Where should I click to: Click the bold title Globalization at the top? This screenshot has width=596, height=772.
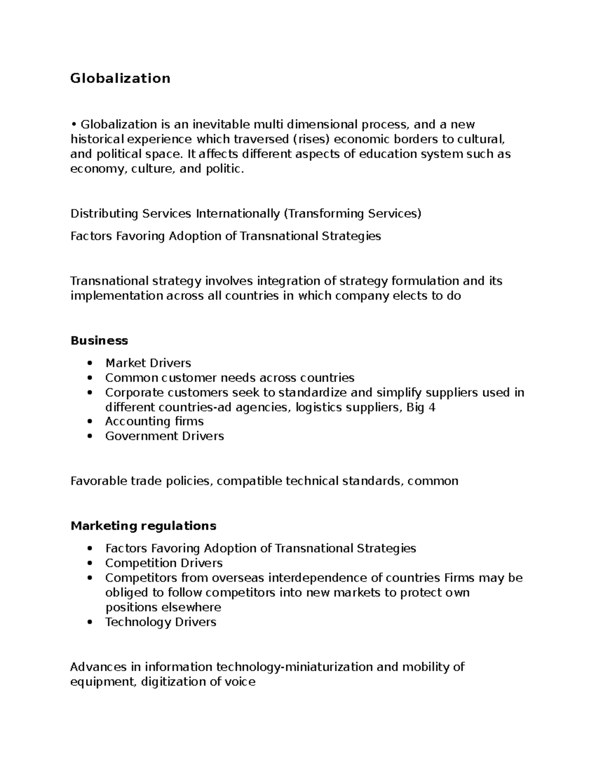120,79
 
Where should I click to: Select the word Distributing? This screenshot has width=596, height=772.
104,214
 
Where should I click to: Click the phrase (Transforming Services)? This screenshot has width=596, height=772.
352,214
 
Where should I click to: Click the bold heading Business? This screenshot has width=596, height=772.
99,341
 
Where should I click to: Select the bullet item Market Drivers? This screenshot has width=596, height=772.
148,363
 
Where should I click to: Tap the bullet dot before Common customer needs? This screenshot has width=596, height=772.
89,378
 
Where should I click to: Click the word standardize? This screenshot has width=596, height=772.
313,393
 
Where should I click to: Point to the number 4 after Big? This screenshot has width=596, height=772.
432,408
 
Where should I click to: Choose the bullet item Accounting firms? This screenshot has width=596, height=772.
154,422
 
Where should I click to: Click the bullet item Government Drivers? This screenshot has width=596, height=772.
164,436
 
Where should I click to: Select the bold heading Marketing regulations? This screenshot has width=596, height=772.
143,526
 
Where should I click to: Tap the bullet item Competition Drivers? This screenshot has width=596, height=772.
163,563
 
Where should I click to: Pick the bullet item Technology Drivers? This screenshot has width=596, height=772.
160,622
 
